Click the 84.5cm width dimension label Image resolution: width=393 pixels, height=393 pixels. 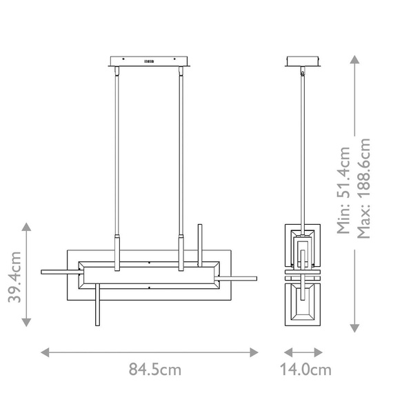tap(155, 370)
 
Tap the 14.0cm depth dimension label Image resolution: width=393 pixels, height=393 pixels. tap(305, 370)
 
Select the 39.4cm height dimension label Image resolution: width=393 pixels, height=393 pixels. tap(14, 277)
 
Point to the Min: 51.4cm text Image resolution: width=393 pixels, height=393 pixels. tap(343, 190)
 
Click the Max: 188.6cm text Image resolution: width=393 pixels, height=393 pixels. tap(363, 188)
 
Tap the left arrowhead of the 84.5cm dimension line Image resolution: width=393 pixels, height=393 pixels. tap(45, 352)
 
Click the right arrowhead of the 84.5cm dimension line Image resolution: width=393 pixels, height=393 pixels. tap(254, 352)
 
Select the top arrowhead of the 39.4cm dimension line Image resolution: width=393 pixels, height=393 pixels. tap(26, 227)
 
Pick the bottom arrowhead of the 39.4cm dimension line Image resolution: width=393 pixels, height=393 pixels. tap(26, 322)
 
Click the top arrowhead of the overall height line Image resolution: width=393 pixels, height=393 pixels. tap(354, 59)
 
